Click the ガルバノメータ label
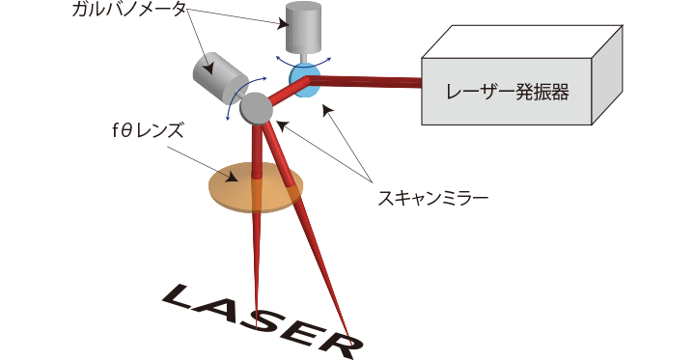pyautogui.click(x=128, y=10)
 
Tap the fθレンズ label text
pyautogui.click(x=148, y=131)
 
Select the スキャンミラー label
pyautogui.click(x=433, y=198)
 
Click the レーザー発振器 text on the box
pyautogui.click(x=507, y=92)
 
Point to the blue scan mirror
pyautogui.click(x=304, y=80)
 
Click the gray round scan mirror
pyautogui.click(x=256, y=109)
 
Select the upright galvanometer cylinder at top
pyautogui.click(x=303, y=26)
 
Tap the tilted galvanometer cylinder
pyautogui.click(x=220, y=77)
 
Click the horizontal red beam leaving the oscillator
pyautogui.click(x=364, y=82)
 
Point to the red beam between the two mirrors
pyautogui.click(x=288, y=92)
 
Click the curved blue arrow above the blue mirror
pyautogui.click(x=304, y=60)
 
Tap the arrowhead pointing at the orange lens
pyautogui.click(x=231, y=178)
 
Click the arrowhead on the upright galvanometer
pyautogui.click(x=283, y=23)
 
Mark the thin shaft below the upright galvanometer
pyautogui.click(x=304, y=57)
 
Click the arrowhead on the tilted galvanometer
pyautogui.click(x=208, y=69)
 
